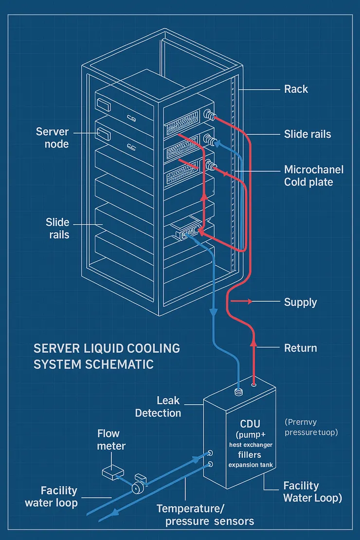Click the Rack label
296,89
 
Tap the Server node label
53,138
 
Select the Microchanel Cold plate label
313,176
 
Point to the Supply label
300,302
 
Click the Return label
300,348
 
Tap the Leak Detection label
158,407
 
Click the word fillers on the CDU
249,455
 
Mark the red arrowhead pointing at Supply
250,302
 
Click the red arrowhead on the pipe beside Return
253,343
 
